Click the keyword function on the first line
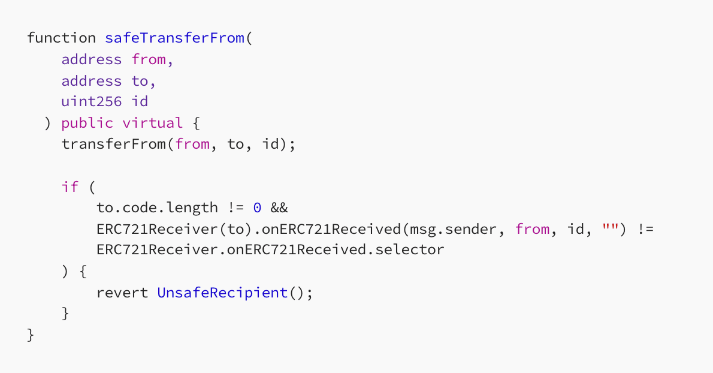pos(61,38)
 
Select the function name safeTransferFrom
pos(174,38)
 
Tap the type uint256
pos(92,101)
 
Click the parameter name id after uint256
pos(140,101)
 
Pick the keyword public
pos(87,124)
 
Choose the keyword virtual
pos(152,123)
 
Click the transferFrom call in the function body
pos(114,144)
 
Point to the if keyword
pos(70,186)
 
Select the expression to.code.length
pos(157,208)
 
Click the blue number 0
pos(257,208)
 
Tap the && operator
pos(279,208)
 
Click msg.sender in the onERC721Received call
pos(453,229)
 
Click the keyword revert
pos(122,293)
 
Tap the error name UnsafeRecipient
pos(222,293)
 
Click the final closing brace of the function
pos(31,335)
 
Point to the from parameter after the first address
pos(149,59)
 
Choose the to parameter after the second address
pos(140,81)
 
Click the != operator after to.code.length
pos(235,208)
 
